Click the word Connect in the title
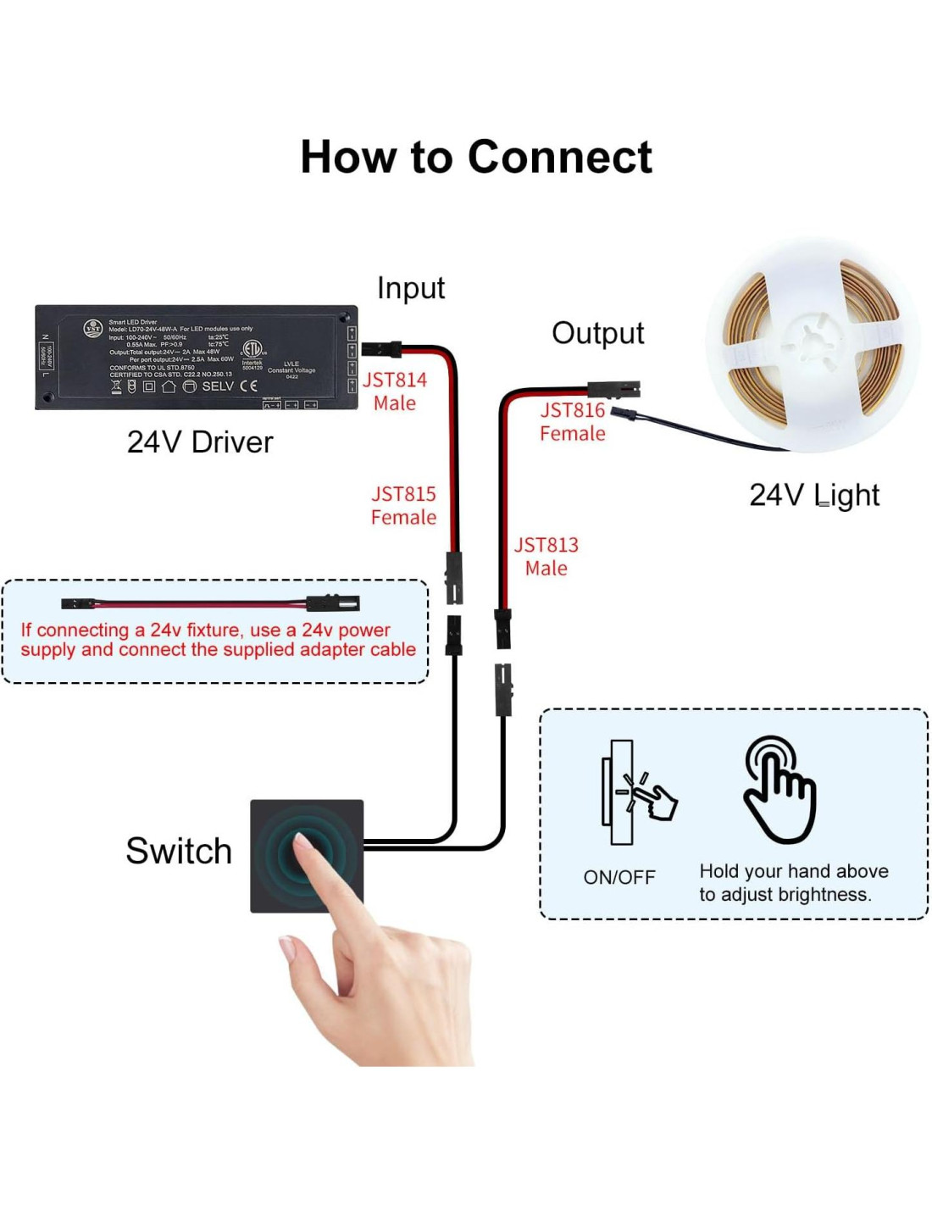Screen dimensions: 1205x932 point(559,158)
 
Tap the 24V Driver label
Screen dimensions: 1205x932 point(200,442)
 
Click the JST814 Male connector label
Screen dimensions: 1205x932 point(395,391)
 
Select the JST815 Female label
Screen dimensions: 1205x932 point(403,506)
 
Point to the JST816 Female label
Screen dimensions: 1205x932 point(573,422)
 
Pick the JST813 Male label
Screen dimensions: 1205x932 point(546,557)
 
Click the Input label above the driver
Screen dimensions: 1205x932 point(411,288)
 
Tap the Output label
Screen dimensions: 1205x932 point(597,334)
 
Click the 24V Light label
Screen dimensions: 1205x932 point(813,495)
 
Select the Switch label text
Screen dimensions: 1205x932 point(179,852)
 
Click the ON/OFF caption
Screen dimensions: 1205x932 point(619,878)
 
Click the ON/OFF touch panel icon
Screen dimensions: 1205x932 point(635,792)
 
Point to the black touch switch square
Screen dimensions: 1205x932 point(307,856)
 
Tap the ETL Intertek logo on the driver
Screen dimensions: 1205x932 point(252,352)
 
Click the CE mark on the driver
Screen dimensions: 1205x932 point(248,386)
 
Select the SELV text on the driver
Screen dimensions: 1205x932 point(218,386)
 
